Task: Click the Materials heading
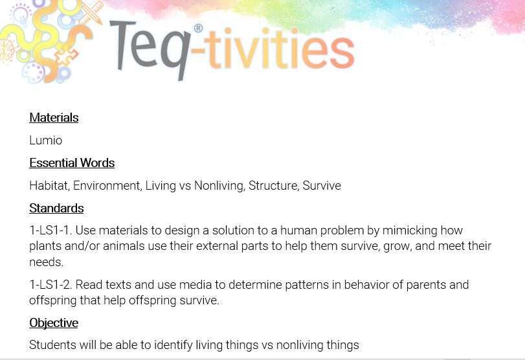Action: click(54, 118)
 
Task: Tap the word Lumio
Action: click(46, 140)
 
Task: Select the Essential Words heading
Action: click(72, 163)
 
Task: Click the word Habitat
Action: click(50, 185)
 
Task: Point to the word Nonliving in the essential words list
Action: click(219, 185)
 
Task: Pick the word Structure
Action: click(274, 185)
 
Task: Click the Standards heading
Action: click(56, 208)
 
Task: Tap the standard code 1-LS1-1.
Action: click(50, 231)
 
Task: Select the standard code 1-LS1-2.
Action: click(50, 284)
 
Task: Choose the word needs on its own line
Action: click(46, 262)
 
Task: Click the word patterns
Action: click(307, 285)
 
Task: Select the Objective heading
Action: click(54, 323)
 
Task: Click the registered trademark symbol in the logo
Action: click(198, 28)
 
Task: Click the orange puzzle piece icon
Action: click(67, 55)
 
